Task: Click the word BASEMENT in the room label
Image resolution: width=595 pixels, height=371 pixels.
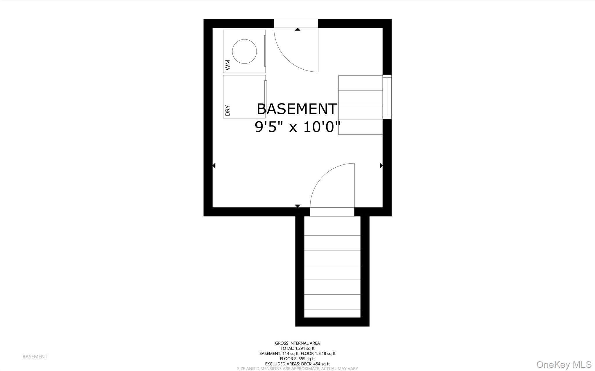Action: [x=297, y=109]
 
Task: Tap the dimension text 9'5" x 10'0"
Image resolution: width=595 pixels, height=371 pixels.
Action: [x=297, y=127]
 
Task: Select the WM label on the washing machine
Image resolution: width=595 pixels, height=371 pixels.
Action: [x=227, y=65]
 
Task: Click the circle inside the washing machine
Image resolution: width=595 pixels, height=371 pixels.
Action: [x=244, y=51]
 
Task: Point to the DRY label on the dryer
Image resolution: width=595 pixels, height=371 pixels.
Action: [x=227, y=111]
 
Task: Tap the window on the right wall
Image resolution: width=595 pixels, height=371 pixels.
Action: [x=387, y=97]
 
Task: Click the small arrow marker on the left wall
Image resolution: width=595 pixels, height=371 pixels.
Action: [x=214, y=166]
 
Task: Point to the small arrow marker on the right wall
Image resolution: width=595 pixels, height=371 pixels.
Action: [x=381, y=166]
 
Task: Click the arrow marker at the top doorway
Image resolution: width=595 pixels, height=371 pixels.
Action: [x=297, y=29]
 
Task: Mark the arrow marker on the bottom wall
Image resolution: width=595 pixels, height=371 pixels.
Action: [x=297, y=206]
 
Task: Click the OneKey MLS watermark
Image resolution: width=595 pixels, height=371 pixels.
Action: [x=564, y=364]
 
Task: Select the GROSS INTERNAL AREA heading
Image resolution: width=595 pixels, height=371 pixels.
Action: [x=297, y=343]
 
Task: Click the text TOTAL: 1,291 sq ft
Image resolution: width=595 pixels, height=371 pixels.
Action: [x=297, y=348]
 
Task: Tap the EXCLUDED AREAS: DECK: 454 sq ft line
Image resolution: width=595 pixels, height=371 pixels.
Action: [x=297, y=364]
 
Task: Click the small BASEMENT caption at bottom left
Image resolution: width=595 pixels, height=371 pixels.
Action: [x=35, y=356]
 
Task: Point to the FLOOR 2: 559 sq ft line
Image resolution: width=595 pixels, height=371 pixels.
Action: [x=297, y=359]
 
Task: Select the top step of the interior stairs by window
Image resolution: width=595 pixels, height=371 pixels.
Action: [x=360, y=83]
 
